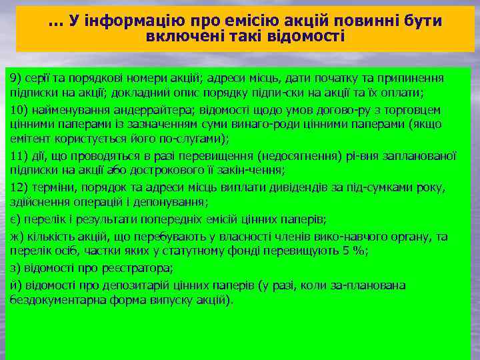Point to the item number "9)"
(16, 78)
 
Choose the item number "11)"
(19, 156)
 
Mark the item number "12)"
(19, 187)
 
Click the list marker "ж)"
(16, 237)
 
